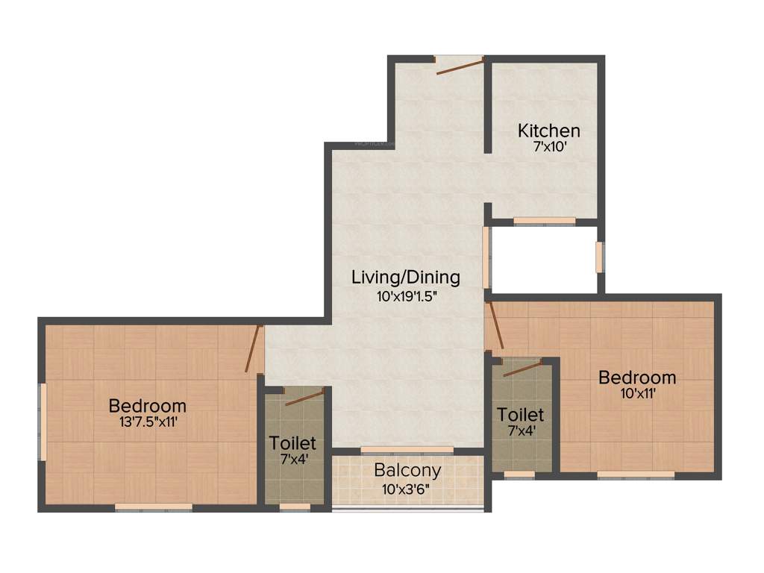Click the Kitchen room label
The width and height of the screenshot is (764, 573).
[x=549, y=131]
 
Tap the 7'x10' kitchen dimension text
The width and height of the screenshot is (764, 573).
[x=549, y=147]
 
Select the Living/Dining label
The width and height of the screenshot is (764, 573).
[x=406, y=278]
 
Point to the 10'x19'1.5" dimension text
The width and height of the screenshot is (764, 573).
[x=406, y=295]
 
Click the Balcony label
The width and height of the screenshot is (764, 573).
[x=407, y=471]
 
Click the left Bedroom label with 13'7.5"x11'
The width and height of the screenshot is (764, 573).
[x=147, y=406]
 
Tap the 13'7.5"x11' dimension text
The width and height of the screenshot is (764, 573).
[x=147, y=422]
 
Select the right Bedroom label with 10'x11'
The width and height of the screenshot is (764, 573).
[x=637, y=378]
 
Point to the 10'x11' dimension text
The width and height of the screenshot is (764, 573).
[x=637, y=393]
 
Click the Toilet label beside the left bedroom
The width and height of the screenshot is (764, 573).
[x=293, y=443]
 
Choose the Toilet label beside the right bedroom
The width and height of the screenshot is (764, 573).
[x=520, y=414]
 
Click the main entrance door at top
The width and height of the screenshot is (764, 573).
[x=460, y=66]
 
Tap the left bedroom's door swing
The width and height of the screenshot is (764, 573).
[x=254, y=348]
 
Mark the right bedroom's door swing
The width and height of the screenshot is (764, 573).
[x=495, y=326]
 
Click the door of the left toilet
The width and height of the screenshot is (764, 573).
[x=304, y=397]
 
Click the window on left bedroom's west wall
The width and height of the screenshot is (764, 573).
[x=43, y=422]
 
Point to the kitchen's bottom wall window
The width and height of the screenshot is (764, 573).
[x=544, y=220]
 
